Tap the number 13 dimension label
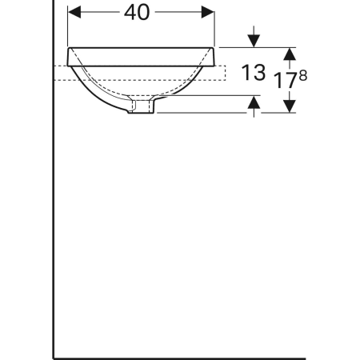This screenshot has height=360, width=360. point(253,74)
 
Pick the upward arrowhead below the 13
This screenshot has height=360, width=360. point(254,102)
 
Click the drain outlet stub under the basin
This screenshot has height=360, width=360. point(142,106)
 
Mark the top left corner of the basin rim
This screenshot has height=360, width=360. point(70,46)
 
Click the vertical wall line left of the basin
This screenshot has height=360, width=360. point(54,200)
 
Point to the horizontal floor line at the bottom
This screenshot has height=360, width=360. point(176,357)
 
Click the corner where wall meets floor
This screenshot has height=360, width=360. point(54,357)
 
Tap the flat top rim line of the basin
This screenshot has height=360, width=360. point(142,46)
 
